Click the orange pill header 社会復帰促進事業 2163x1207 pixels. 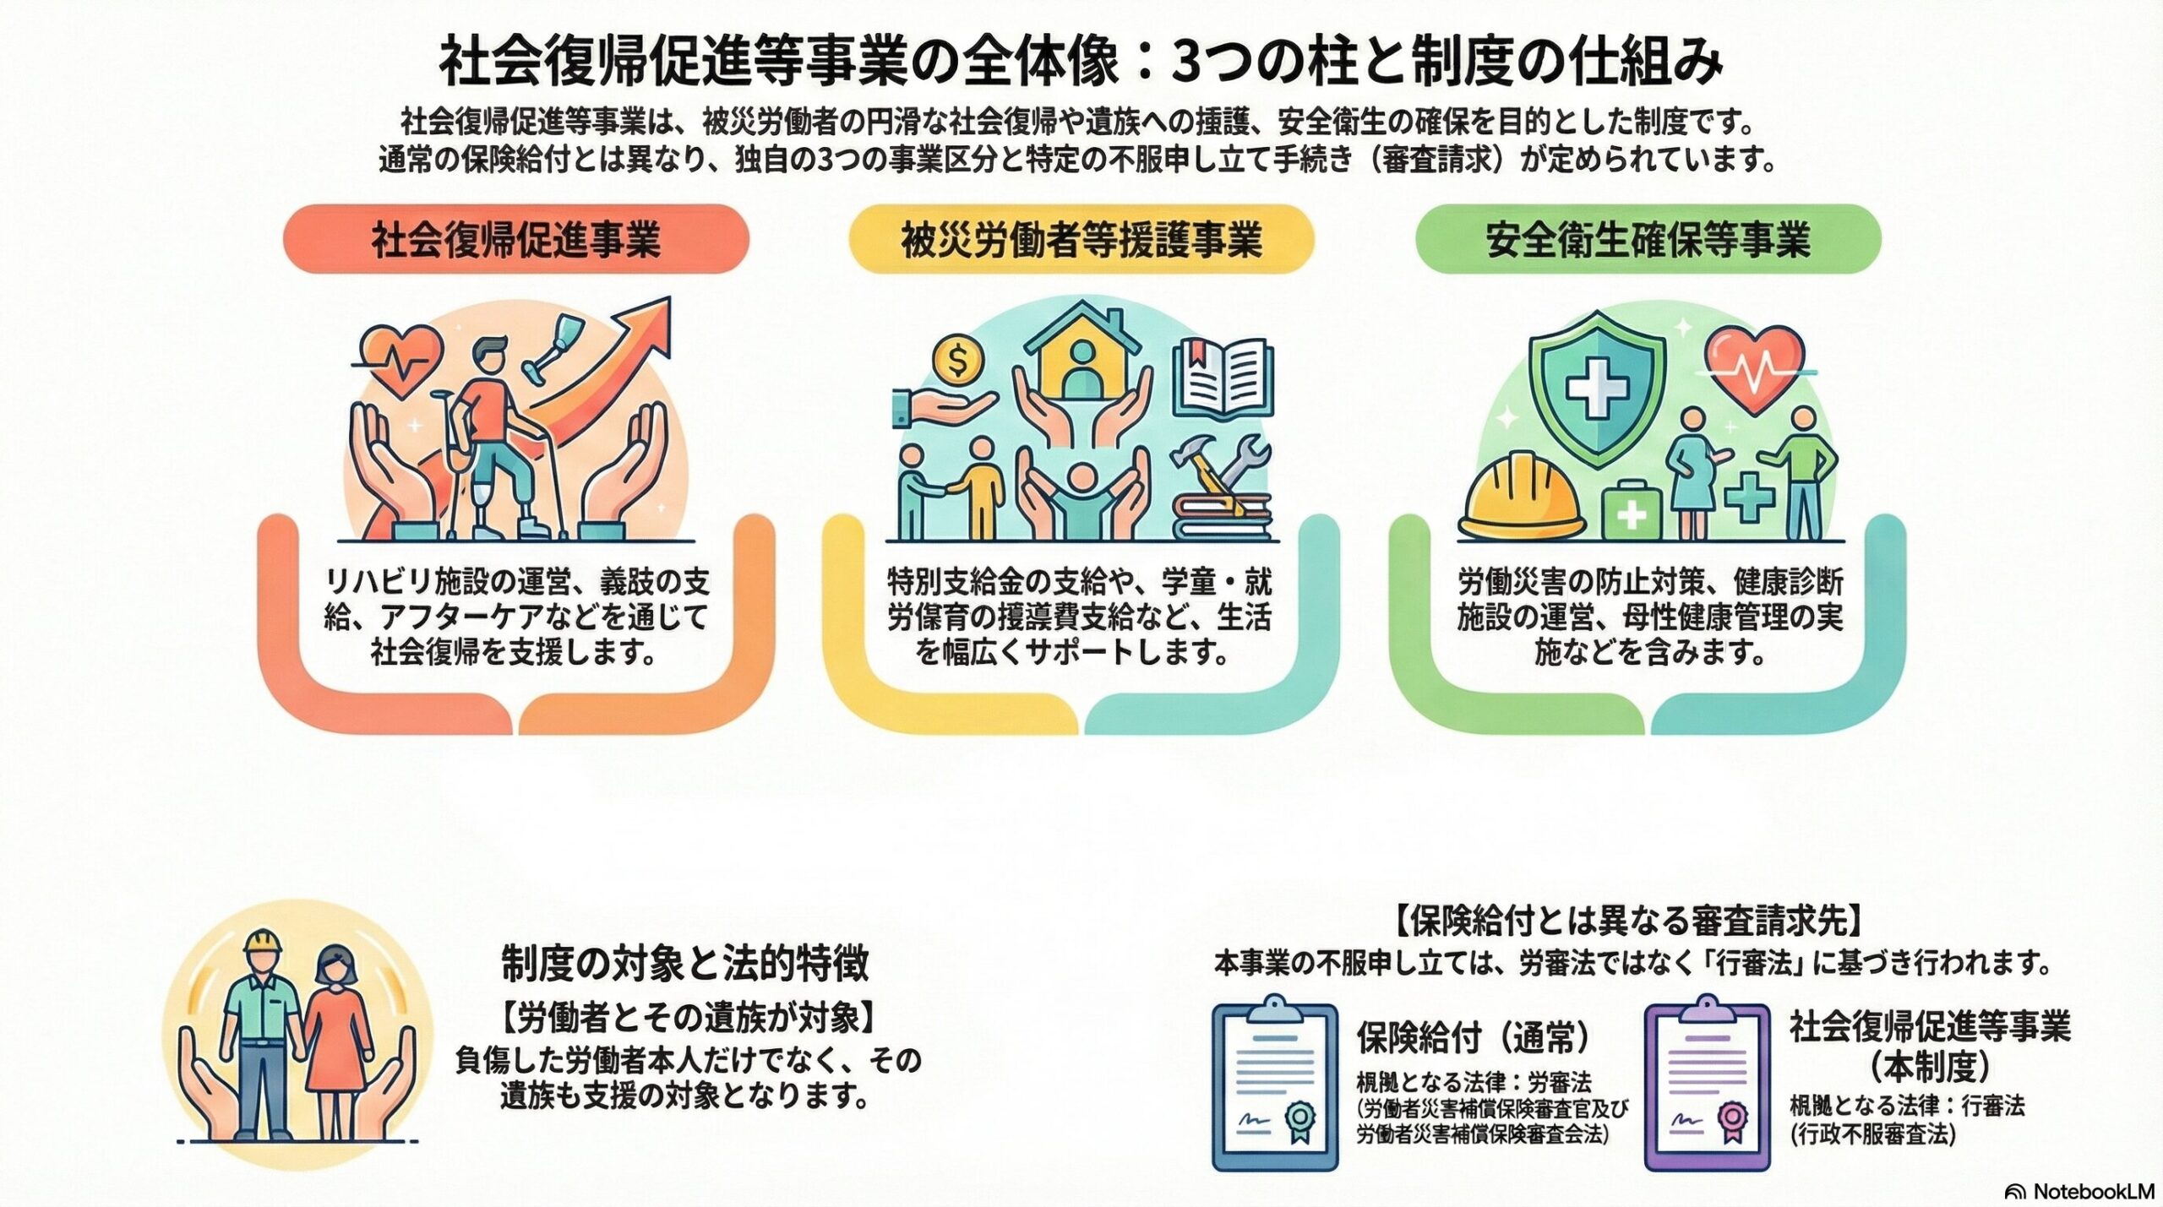coord(515,239)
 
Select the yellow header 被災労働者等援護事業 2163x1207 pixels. coord(1081,239)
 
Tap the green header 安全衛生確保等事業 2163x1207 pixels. coord(1648,239)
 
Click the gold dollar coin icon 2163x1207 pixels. coord(957,361)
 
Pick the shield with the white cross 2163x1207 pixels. coord(1597,388)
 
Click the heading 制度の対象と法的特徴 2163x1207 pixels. coord(684,964)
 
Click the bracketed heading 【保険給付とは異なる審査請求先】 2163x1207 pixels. coord(1626,920)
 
